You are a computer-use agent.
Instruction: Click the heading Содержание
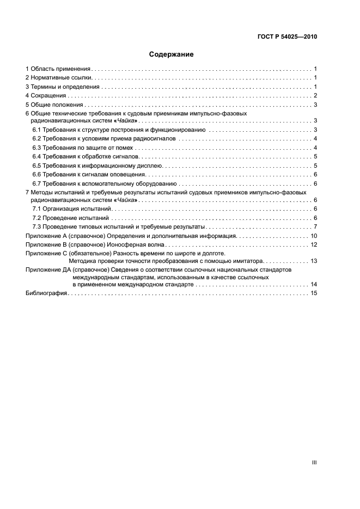[x=172, y=54]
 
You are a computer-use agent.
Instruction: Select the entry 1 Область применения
[x=58, y=69]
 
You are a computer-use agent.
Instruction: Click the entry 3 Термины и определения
[x=63, y=87]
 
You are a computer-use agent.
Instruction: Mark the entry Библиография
[x=46, y=293]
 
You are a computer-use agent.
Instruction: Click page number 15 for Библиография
[x=313, y=293]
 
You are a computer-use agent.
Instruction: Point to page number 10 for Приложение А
[x=313, y=236]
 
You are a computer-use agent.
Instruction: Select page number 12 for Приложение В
[x=313, y=244]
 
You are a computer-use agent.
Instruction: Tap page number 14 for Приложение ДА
[x=313, y=284]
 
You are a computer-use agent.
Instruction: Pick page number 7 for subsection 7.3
[x=315, y=226]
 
